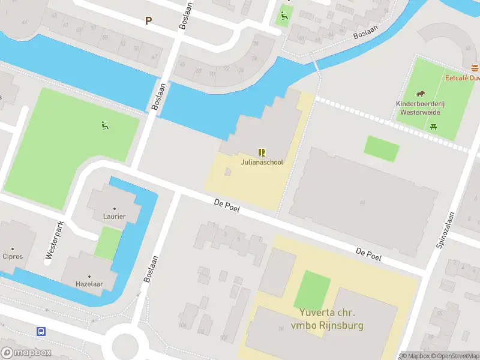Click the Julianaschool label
point(262,162)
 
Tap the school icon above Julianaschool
point(262,152)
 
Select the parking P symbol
point(148,20)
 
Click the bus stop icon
point(41,331)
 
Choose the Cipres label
point(13,256)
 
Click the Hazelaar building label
point(87,284)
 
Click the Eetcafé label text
point(462,78)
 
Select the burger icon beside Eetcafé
point(475,67)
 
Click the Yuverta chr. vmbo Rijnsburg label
point(328,319)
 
